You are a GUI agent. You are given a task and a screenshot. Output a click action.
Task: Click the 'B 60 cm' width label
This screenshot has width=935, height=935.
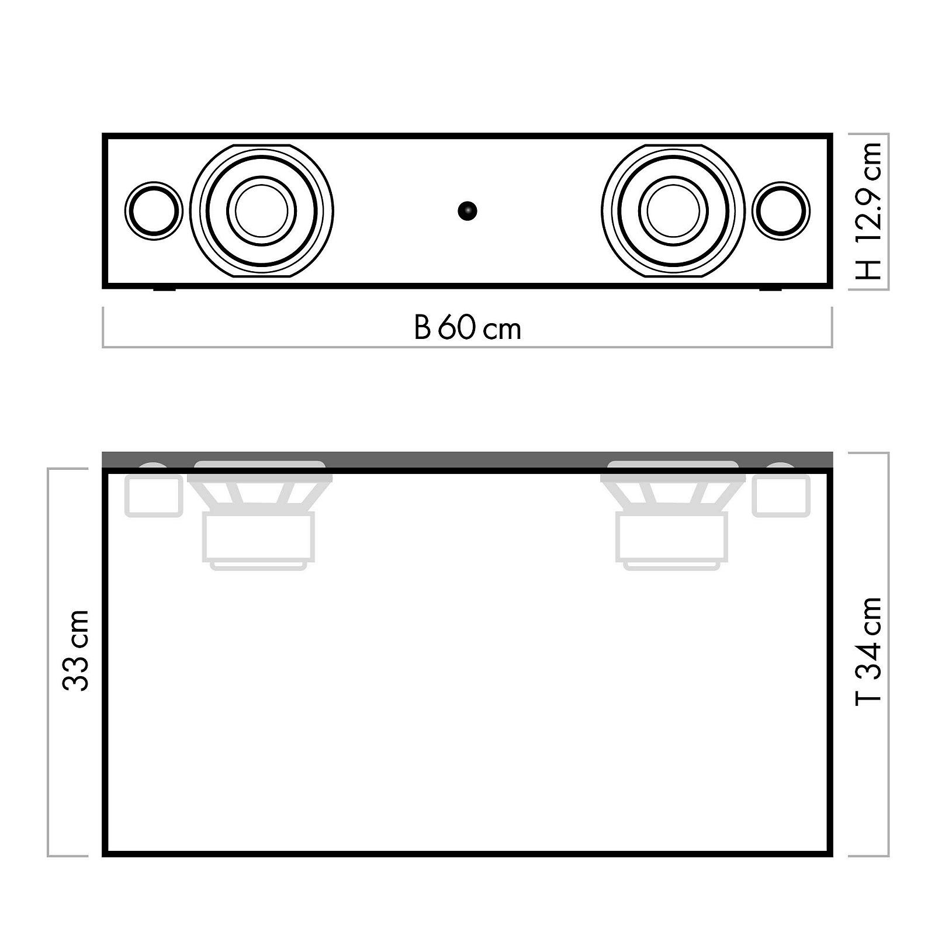point(467,328)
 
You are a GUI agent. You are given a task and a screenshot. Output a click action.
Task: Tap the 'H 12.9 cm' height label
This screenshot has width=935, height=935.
point(868,211)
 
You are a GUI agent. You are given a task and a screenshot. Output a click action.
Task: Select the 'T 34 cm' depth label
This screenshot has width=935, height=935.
point(868,652)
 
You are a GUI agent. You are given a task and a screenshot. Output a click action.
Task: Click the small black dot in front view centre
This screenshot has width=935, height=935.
point(467,211)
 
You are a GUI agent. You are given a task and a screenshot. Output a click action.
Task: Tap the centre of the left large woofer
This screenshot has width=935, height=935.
point(261,210)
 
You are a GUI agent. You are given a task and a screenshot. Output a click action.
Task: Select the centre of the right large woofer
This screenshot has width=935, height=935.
point(673,210)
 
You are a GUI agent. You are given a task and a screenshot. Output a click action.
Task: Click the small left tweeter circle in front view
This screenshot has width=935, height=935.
point(154,211)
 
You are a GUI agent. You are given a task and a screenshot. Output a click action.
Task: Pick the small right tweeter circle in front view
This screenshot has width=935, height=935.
point(781,211)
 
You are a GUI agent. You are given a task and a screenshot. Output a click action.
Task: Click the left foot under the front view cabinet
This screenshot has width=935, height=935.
point(164,289)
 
